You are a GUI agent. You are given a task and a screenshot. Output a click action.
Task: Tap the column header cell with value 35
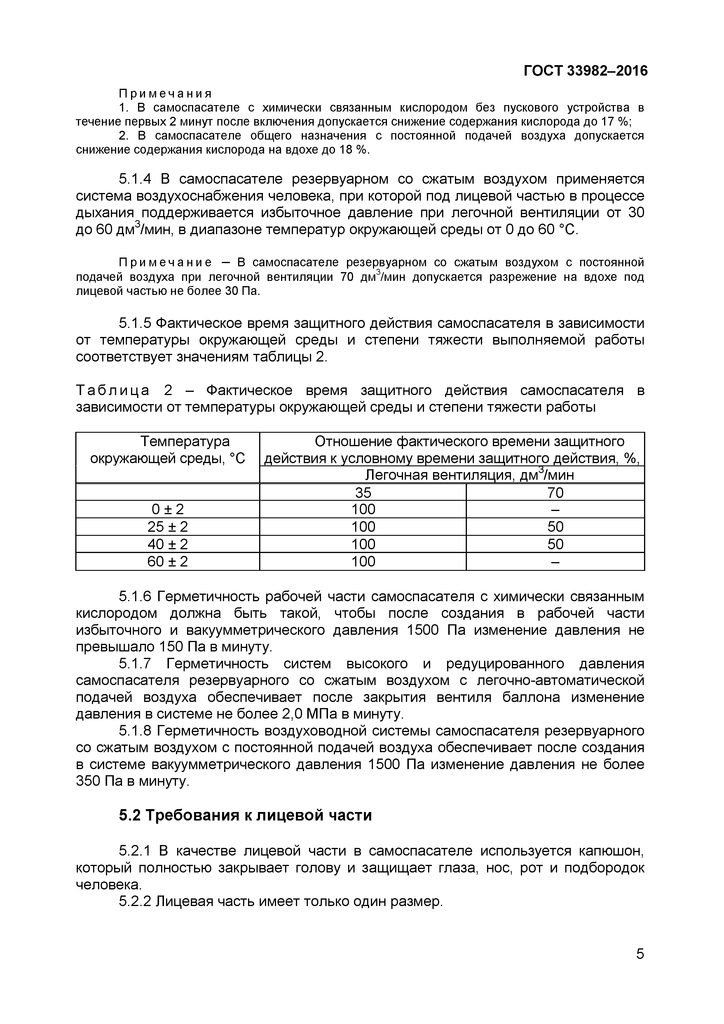(x=363, y=492)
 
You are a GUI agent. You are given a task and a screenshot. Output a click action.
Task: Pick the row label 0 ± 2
(x=168, y=509)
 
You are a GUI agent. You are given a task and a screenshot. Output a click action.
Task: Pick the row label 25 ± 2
(x=168, y=527)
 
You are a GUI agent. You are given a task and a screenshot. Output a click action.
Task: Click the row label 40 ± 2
(x=168, y=544)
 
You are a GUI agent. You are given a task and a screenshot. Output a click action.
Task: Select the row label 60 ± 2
(x=168, y=561)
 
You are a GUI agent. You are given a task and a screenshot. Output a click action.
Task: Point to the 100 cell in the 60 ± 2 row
(x=363, y=561)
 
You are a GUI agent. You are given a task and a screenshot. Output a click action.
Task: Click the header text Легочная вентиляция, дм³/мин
(x=469, y=475)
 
